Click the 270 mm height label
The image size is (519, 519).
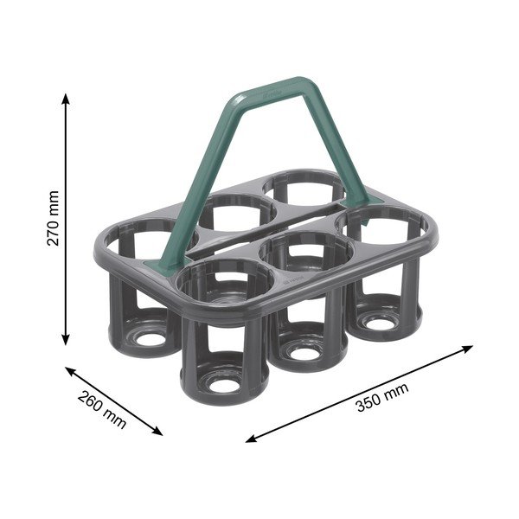click(53, 219)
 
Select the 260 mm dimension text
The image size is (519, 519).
click(102, 410)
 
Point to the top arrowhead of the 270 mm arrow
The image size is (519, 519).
click(66, 99)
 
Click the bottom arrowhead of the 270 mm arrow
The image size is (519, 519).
click(66, 340)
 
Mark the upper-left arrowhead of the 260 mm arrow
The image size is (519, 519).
click(70, 370)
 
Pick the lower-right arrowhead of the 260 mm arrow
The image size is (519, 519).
click(157, 432)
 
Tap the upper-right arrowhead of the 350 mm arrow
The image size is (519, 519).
click(468, 349)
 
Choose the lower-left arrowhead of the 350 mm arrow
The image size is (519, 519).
click(251, 439)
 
